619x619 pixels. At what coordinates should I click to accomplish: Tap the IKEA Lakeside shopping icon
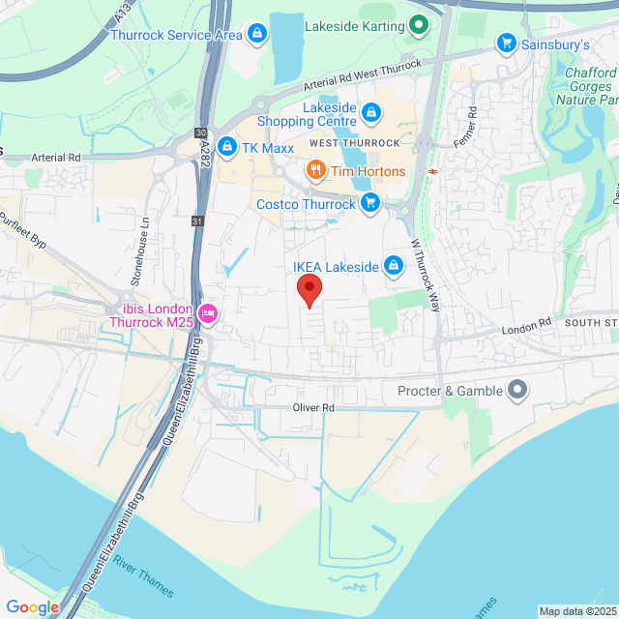pos(394,264)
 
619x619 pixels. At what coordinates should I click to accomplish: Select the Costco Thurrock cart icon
pos(368,203)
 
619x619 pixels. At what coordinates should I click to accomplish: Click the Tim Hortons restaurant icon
pos(315,172)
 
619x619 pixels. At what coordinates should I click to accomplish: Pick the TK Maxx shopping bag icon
pos(226,146)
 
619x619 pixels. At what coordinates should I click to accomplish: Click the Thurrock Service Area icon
pos(256,36)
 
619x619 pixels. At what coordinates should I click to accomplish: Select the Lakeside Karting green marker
pos(418,25)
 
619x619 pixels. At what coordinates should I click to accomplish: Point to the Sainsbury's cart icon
pos(505,43)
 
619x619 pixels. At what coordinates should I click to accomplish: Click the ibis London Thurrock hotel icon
pos(208,312)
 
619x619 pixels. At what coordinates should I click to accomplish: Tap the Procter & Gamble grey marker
pos(517,391)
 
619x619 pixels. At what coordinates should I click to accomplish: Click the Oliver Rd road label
pos(313,408)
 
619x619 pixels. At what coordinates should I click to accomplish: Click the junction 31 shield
pos(197,221)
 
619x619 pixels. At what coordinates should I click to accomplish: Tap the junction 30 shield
pos(201,133)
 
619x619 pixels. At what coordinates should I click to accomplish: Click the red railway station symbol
pos(432,171)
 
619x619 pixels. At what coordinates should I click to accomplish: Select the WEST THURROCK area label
pos(355,143)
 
